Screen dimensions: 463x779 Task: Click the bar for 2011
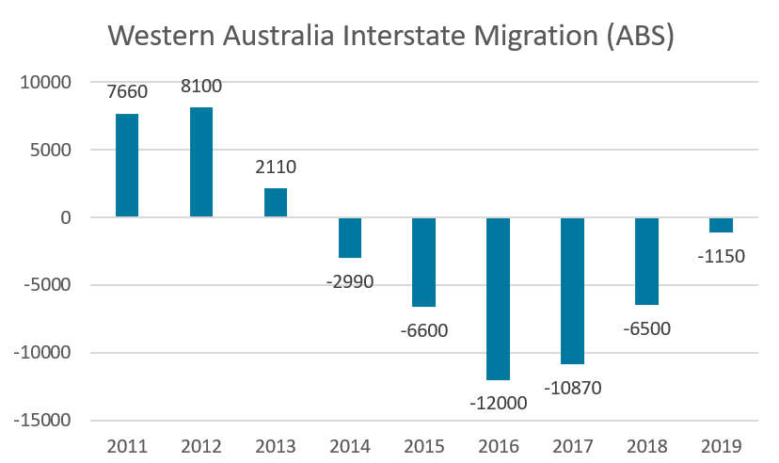127,166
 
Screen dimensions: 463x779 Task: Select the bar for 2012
201,162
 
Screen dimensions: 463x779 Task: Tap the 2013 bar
276,202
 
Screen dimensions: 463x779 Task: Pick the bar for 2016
499,298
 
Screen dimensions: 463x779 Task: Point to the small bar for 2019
722,225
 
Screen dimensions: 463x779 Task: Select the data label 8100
201,87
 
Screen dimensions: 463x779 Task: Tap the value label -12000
498,403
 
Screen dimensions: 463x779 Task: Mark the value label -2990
349,280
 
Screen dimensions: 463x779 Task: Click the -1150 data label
721,255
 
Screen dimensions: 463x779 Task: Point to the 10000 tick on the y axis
47,83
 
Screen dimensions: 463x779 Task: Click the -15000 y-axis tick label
43,421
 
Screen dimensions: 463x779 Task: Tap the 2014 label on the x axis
350,445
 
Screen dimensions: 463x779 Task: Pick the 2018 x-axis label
647,445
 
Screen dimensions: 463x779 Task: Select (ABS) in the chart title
641,37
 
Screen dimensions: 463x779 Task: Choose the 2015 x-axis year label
424,445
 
